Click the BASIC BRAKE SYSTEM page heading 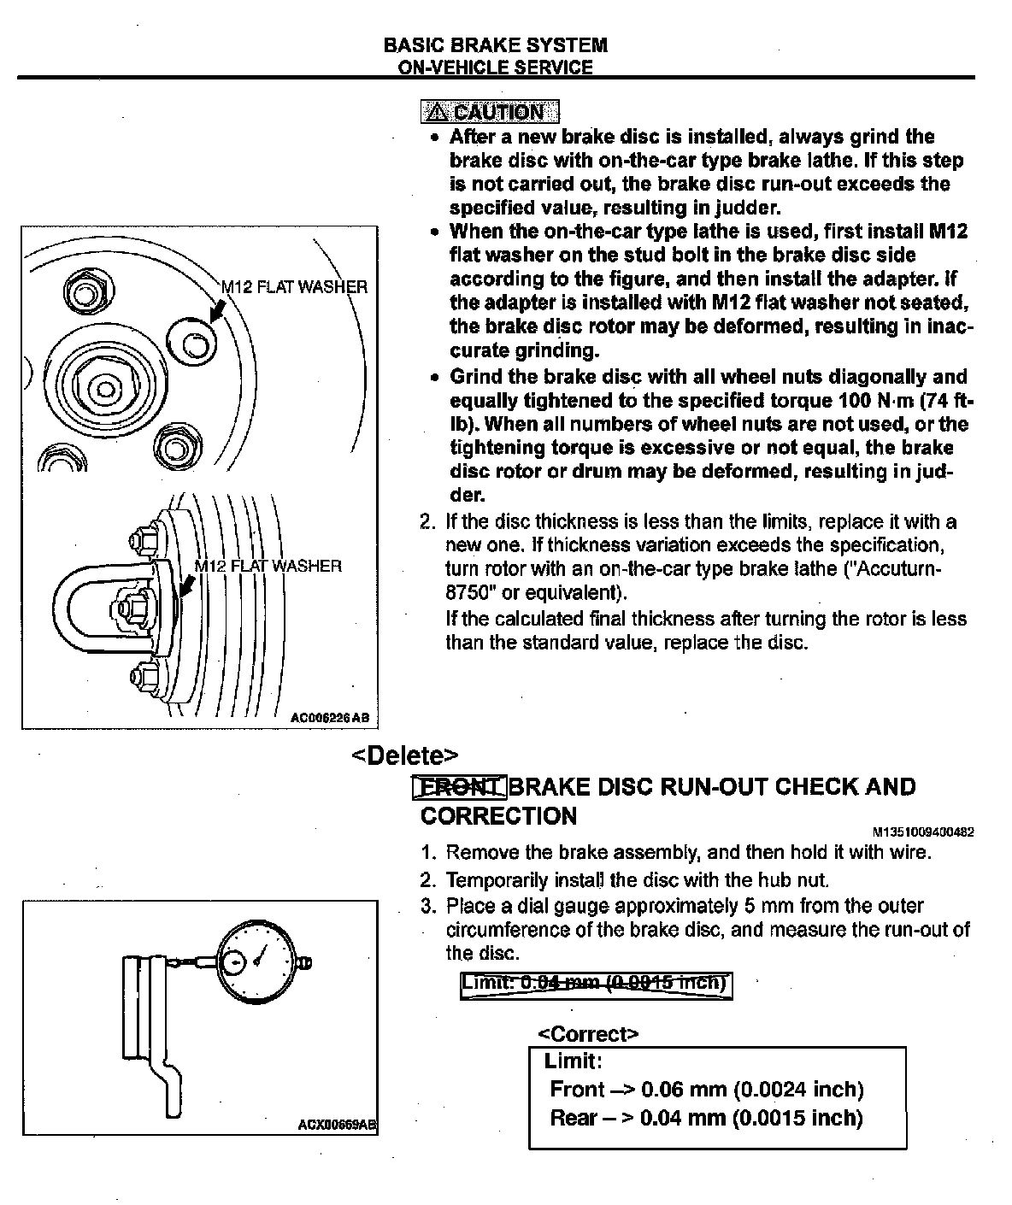coord(496,45)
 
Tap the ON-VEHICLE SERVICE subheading coord(496,68)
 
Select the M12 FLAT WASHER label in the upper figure coord(294,287)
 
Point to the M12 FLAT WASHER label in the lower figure coord(268,566)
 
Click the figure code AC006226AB coord(330,719)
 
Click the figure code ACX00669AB coord(337,1125)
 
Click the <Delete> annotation coord(405,755)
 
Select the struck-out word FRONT coord(460,786)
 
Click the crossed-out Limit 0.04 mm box coord(596,984)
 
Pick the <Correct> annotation coord(588,1034)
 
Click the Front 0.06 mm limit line coord(707,1090)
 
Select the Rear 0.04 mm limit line coord(706,1118)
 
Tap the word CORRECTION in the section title coord(499,816)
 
